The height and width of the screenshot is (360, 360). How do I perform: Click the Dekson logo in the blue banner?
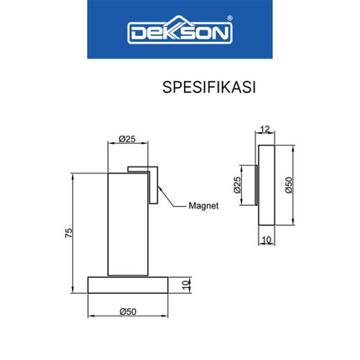pos(179,31)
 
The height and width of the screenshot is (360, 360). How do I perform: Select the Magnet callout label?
pos(203,205)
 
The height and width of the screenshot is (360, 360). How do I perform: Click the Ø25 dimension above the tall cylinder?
pos(127,140)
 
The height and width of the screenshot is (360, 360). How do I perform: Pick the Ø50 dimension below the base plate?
pos(128,311)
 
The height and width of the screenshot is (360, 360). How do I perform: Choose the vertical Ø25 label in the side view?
pos(237,185)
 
